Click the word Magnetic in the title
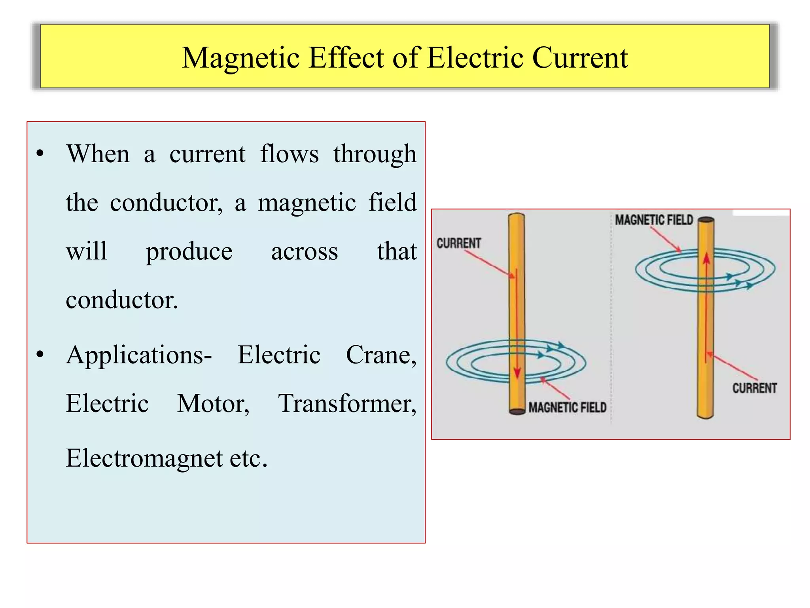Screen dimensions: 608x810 click(x=240, y=58)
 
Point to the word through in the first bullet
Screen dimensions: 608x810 click(x=375, y=155)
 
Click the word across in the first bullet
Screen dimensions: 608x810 click(x=304, y=252)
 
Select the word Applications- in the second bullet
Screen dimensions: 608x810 click(x=139, y=355)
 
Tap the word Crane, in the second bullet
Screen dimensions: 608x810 click(x=381, y=355)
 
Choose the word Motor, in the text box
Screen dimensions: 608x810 click(x=213, y=404)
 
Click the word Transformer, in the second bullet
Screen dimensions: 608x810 click(x=347, y=404)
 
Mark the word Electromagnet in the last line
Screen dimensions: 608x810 click(x=144, y=459)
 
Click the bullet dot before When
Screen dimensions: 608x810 click(x=40, y=153)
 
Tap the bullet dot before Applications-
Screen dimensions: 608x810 click(x=40, y=354)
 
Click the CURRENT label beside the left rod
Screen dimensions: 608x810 click(x=458, y=243)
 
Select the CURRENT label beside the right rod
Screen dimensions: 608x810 click(x=754, y=388)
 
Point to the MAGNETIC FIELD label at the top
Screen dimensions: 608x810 click(x=654, y=220)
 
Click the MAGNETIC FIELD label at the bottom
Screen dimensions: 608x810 click(x=567, y=407)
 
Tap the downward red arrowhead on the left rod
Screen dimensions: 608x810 click(x=517, y=372)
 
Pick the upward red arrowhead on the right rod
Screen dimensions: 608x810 click(x=706, y=258)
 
